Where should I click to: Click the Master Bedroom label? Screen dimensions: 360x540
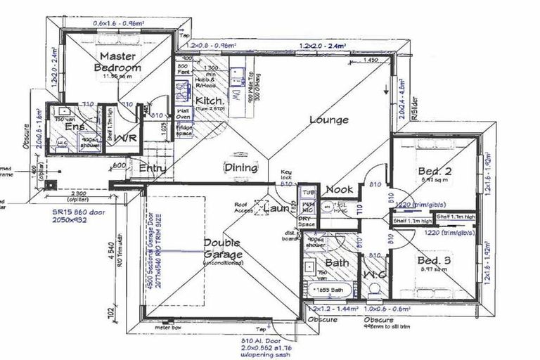click(117, 62)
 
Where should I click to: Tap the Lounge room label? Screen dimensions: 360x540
click(329, 120)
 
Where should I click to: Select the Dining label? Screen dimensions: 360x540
click(240, 167)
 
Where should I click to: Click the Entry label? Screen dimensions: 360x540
click(153, 168)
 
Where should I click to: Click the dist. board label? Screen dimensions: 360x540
click(290, 236)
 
